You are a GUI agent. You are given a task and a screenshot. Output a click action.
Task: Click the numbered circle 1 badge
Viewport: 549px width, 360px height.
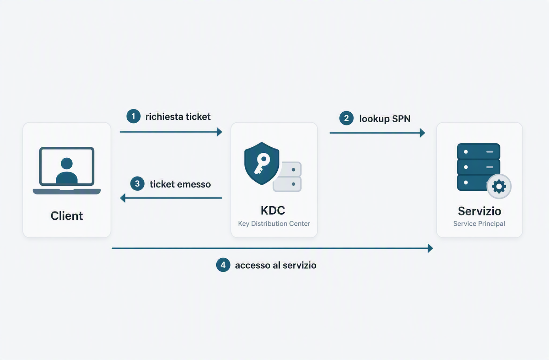133,116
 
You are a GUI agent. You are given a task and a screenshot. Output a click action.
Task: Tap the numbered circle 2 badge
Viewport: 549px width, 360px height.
346,118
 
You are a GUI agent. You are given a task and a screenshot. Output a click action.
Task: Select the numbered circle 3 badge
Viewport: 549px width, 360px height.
137,184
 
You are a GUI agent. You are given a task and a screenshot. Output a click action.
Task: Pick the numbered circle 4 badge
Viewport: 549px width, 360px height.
223,265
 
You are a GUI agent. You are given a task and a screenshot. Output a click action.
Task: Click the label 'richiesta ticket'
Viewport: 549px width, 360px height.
178,117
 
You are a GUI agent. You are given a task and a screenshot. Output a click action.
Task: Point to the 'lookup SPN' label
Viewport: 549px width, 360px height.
385,119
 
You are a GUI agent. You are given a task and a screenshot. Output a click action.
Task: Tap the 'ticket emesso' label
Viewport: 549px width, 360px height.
180,184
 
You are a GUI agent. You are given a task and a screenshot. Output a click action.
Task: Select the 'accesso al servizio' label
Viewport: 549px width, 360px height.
276,265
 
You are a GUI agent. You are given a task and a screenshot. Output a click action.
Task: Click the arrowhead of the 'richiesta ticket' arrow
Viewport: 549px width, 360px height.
220,132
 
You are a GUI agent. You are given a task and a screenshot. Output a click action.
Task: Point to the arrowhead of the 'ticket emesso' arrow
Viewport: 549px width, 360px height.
123,198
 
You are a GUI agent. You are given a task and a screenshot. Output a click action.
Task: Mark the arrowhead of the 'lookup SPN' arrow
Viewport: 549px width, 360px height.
422,133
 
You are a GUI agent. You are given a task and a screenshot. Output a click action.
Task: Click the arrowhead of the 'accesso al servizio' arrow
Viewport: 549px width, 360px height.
431,248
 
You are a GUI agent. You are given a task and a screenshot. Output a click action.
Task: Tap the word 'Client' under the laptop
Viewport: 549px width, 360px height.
67,216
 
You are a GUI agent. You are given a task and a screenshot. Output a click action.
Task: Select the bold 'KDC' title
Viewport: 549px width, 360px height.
273,210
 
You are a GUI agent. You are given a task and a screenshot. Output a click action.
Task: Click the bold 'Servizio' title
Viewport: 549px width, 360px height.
479,211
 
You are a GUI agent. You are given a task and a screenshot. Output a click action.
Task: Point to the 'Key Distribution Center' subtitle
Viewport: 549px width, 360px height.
274,224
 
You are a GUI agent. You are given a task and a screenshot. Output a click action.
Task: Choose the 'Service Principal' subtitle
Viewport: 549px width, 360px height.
479,224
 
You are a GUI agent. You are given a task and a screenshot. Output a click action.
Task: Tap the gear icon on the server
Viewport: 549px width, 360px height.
499,186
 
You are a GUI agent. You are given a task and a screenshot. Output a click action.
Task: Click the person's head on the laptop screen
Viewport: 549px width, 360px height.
67,163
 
